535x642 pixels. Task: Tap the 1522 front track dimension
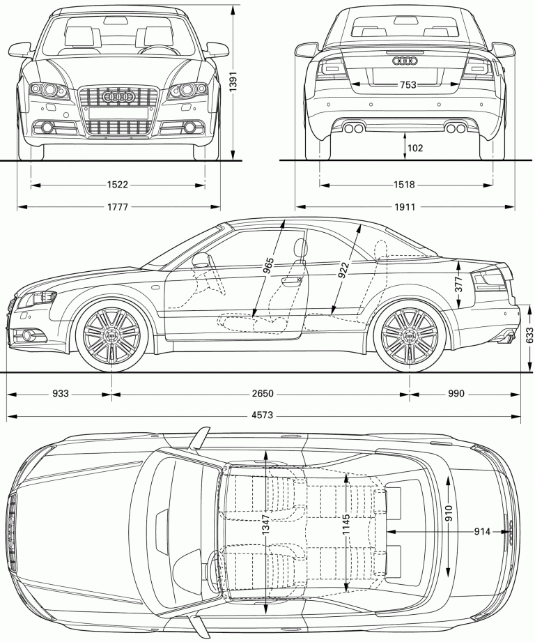[x=118, y=185]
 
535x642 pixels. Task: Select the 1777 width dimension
[x=118, y=207]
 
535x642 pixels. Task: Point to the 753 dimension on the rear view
[x=408, y=85]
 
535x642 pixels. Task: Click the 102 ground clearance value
[x=415, y=148]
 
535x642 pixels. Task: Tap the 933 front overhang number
[x=60, y=394]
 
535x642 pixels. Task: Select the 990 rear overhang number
[x=456, y=394]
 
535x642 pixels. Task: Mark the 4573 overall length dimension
[x=262, y=417]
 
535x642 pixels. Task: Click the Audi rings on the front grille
[x=117, y=98]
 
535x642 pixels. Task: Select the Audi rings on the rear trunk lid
[x=405, y=62]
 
